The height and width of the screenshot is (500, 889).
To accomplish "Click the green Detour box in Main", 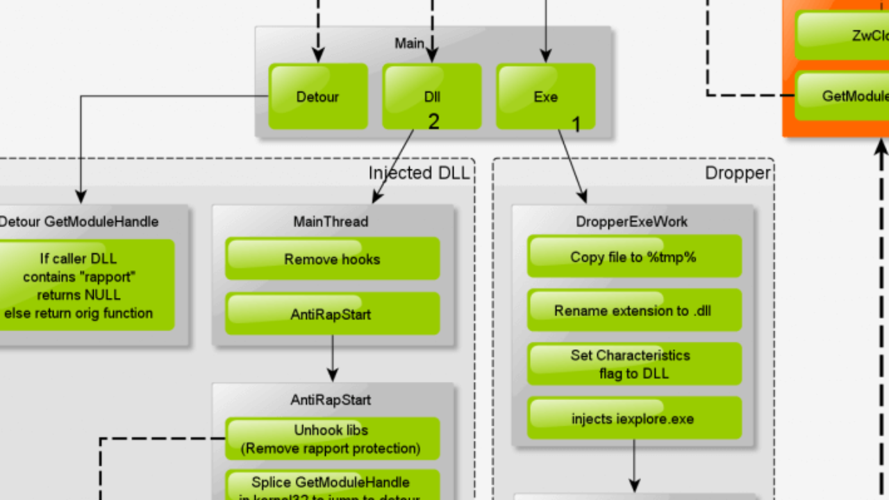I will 318,97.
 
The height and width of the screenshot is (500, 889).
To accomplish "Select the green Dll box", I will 431,97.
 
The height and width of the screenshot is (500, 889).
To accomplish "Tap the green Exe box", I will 545,97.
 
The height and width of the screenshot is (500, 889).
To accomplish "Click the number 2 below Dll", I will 433,122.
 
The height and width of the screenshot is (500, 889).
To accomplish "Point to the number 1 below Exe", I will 576,125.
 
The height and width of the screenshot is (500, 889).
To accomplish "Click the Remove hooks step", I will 332,259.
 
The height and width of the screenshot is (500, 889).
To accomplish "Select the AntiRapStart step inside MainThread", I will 332,314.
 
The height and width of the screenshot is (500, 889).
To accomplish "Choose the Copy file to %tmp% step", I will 633,257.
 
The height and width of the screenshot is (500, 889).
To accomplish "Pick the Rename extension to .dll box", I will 633,310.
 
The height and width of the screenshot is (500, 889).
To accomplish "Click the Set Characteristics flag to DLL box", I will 633,364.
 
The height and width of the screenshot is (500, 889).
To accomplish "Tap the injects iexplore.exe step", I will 633,418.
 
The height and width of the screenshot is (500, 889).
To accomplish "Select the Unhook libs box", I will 332,439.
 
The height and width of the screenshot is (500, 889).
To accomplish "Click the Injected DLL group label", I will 419,173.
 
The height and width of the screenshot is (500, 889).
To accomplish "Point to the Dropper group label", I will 737,173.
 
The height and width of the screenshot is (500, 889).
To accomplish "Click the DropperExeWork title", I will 631,222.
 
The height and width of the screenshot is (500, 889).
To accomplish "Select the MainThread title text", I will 331,222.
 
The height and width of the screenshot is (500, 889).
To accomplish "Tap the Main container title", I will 409,43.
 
